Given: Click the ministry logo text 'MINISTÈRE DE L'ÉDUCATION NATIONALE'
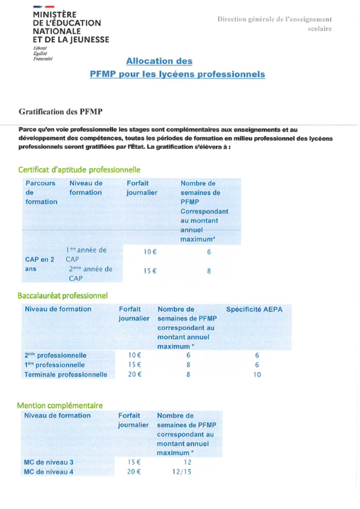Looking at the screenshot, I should [x=71, y=27].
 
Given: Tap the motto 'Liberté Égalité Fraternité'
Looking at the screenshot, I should [x=43, y=53].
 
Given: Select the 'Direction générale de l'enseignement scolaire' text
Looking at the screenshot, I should [x=275, y=24].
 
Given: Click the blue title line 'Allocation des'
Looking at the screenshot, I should [x=159, y=61].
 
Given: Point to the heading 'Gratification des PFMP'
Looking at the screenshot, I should [x=61, y=112].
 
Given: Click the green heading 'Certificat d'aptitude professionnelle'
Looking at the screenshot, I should [x=79, y=170].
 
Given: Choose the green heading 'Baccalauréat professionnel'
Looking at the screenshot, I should [x=63, y=296].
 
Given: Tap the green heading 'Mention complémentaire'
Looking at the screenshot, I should [x=60, y=405].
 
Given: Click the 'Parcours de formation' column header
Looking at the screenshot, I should [x=41, y=192].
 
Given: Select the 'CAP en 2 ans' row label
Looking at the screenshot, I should [x=39, y=264].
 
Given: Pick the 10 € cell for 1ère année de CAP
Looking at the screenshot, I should [x=150, y=252].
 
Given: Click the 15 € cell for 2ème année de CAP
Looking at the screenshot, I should [x=150, y=271].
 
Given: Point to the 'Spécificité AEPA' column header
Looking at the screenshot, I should [x=254, y=309].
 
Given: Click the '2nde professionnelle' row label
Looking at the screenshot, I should [x=55, y=355].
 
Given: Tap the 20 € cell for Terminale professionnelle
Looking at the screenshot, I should [x=135, y=374].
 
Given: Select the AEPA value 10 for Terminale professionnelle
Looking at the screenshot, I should [x=257, y=375].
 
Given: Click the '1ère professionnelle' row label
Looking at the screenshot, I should [x=55, y=365].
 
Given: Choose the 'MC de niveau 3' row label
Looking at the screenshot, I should [x=48, y=462].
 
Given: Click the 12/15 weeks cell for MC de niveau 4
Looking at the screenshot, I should [x=182, y=472].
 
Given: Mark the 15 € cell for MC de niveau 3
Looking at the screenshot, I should [x=134, y=462].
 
